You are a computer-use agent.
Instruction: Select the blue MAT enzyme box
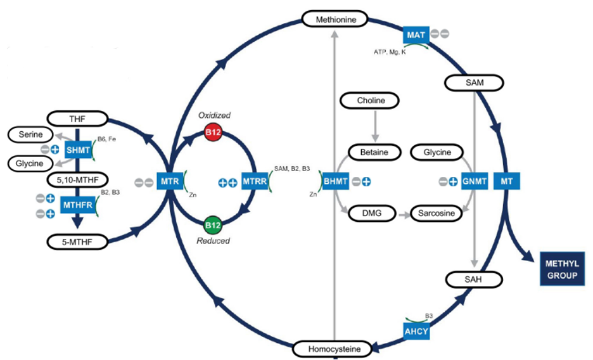[x=416, y=34]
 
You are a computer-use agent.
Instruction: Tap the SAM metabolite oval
[x=475, y=83]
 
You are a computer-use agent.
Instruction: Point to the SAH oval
[x=475, y=279]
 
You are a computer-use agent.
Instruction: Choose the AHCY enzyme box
[x=416, y=330]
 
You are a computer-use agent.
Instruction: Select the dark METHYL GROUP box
[x=562, y=269]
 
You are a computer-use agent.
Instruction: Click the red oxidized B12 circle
[x=213, y=132]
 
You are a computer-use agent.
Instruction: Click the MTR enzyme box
[x=169, y=182]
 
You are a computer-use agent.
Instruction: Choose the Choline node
[x=371, y=100]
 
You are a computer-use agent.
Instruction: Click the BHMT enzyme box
[x=336, y=182]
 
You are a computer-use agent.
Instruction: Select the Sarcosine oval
[x=436, y=213]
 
